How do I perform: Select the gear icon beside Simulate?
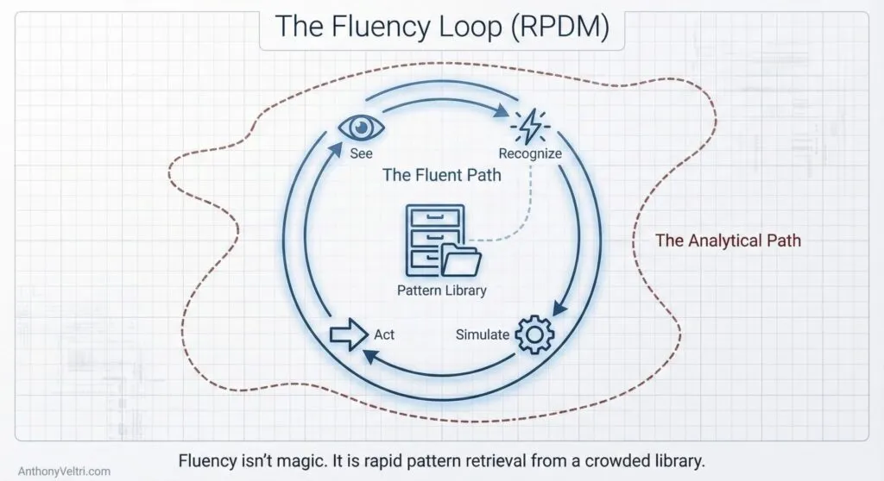coord(534,334)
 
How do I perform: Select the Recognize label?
coord(530,153)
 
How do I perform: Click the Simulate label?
coord(483,334)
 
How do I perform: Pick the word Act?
coord(384,334)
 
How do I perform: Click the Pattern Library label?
coord(441,290)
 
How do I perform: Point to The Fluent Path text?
coord(441,175)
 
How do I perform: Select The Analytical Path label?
coord(728,240)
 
